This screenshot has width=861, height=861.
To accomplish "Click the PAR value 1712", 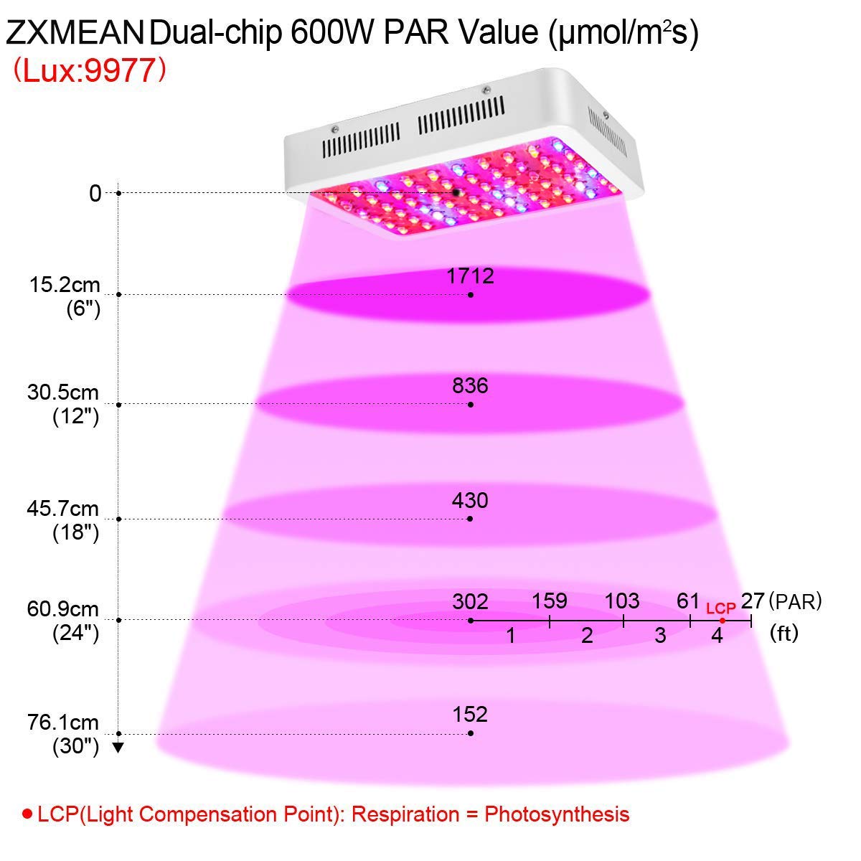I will pyautogui.click(x=471, y=276).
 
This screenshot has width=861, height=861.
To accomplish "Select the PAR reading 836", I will pyautogui.click(x=471, y=386).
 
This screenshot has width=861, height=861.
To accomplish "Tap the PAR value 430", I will pyautogui.click(x=470, y=500).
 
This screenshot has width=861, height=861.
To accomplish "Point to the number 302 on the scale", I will pyautogui.click(x=470, y=601).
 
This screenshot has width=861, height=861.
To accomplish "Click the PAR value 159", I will pyautogui.click(x=550, y=601).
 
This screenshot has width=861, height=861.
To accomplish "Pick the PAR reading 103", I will pyautogui.click(x=622, y=601).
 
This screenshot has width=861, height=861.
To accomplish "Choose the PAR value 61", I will pyautogui.click(x=689, y=601).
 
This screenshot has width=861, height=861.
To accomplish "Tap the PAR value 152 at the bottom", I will pyautogui.click(x=470, y=715).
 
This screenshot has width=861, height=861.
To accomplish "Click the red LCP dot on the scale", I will pyautogui.click(x=723, y=621).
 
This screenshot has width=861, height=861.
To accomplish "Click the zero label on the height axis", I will pyautogui.click(x=95, y=193).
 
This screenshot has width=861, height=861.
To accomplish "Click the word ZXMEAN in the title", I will pyautogui.click(x=75, y=34).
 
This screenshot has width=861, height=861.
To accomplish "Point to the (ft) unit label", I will pyautogui.click(x=784, y=634).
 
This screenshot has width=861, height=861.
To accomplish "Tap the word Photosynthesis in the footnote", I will pyautogui.click(x=557, y=814).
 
